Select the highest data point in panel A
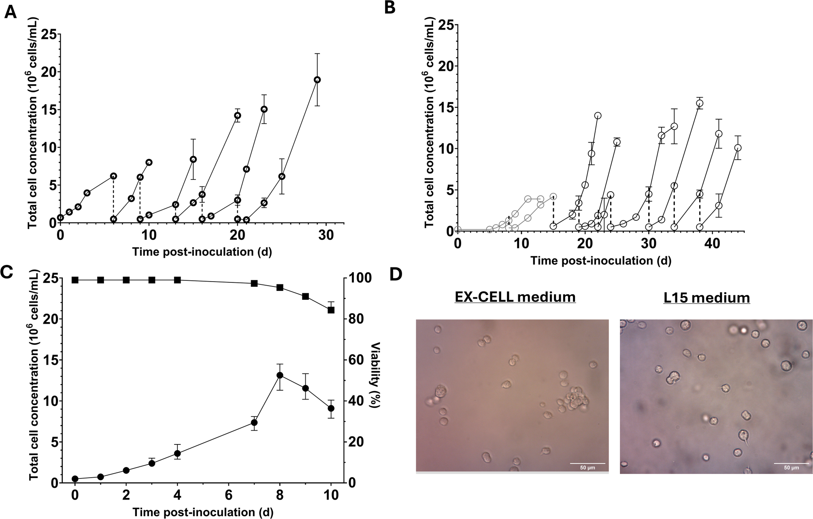317,79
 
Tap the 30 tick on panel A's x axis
326,235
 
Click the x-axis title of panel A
202,252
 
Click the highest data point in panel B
700,103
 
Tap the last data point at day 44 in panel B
738,148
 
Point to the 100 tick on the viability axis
358,279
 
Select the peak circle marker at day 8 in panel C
280,375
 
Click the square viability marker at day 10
331,310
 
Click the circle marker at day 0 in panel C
75,478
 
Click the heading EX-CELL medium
515,297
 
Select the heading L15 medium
707,298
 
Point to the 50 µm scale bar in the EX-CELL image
587,463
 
